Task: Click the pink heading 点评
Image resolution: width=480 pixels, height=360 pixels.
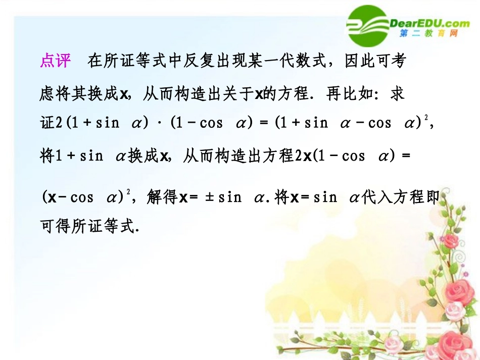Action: (x=55, y=61)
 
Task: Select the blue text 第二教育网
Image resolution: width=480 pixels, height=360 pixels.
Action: (x=428, y=33)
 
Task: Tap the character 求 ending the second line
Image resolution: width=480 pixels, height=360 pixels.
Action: (x=397, y=94)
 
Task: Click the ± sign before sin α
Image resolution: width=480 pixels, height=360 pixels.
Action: (x=209, y=196)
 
